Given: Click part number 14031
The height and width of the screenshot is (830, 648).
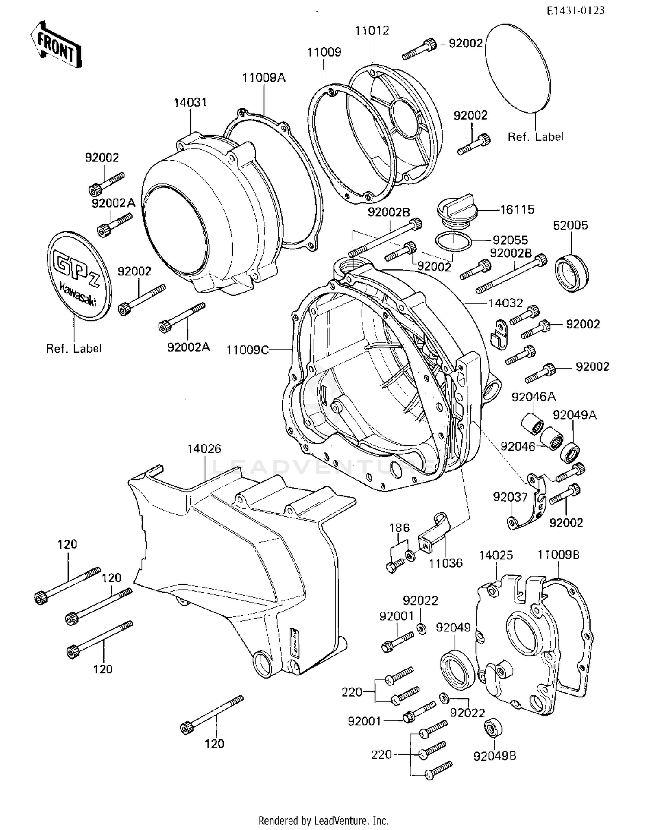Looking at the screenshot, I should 190,103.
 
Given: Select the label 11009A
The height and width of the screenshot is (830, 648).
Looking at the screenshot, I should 264,78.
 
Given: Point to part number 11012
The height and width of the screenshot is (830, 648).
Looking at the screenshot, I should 372,31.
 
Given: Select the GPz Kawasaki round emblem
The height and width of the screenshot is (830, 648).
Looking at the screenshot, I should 79,275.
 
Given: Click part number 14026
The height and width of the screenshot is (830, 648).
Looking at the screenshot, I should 204,449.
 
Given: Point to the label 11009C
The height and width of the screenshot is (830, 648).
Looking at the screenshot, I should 247,350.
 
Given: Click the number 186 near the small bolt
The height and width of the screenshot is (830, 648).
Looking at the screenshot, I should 399,528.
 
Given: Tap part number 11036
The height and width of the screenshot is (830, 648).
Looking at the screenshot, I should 445,563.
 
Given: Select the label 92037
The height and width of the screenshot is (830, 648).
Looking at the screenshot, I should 510,497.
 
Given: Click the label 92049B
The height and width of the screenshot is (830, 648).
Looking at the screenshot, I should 495,756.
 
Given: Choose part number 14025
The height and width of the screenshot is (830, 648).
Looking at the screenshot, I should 496,555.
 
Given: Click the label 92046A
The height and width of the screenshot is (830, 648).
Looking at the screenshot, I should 534,397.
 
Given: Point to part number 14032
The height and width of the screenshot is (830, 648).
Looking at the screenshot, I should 505,303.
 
